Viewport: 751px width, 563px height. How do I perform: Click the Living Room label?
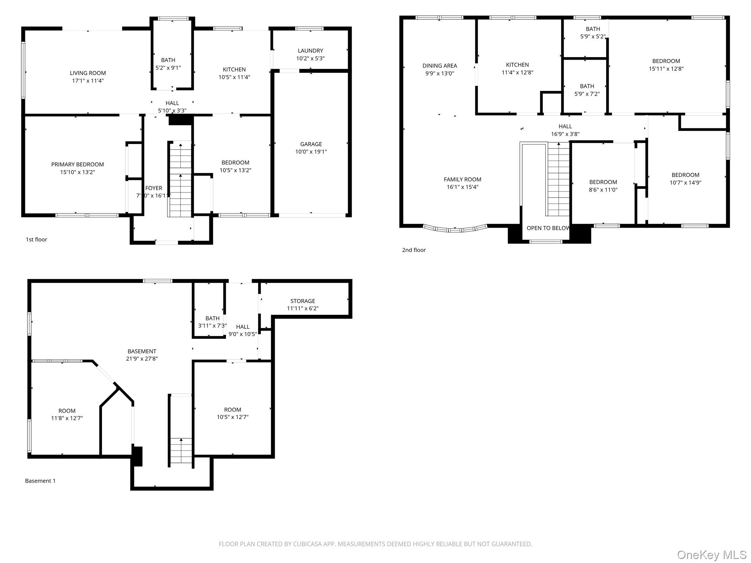(x=88, y=73)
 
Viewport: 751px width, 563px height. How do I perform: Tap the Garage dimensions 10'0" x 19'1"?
(x=311, y=152)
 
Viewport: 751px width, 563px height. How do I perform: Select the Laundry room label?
(x=311, y=51)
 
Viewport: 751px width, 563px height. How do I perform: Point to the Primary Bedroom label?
(x=77, y=164)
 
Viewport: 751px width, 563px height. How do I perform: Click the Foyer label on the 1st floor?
(x=154, y=188)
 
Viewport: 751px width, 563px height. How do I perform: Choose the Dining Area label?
(x=440, y=66)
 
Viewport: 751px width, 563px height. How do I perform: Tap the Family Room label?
(x=462, y=179)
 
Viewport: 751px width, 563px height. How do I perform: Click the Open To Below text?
(x=548, y=228)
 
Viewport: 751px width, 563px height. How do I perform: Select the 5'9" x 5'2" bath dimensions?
(x=593, y=37)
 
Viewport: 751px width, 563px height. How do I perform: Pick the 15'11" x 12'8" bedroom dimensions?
(x=666, y=69)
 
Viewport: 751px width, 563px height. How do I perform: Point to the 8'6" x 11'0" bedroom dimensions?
(x=603, y=190)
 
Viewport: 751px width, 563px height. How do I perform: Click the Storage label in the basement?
(x=303, y=301)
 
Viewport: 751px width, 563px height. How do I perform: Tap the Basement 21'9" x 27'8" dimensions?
(x=142, y=359)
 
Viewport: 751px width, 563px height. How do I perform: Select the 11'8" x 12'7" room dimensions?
(x=67, y=418)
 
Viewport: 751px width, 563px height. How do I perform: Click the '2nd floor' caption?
(x=414, y=250)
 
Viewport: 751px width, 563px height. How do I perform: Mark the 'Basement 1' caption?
(x=40, y=481)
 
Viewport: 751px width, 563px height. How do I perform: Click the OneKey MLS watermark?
(x=712, y=555)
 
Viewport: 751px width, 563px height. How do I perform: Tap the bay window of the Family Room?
(x=455, y=229)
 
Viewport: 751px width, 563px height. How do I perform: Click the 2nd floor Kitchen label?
(x=517, y=65)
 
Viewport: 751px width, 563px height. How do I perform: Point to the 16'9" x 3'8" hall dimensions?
(x=565, y=134)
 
